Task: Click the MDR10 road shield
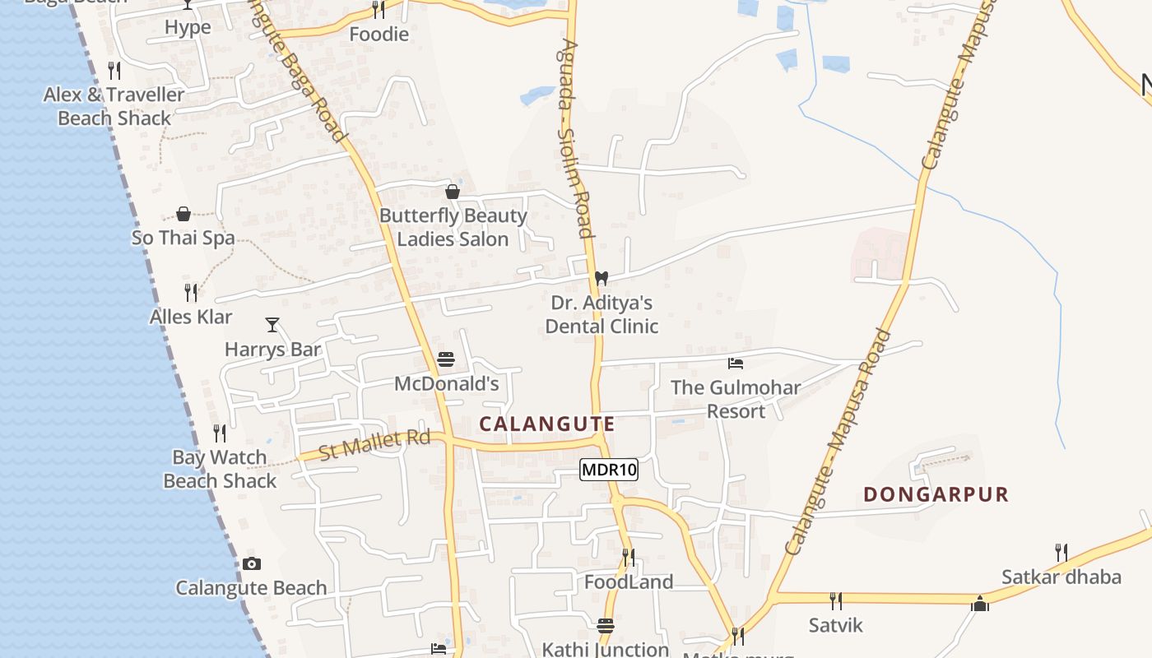609,470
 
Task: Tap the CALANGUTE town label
547,424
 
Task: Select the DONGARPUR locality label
936,494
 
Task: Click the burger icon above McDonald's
446,359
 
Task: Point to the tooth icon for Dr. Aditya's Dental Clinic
602,278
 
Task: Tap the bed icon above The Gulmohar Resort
736,363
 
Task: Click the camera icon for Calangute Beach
252,563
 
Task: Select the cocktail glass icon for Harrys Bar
272,324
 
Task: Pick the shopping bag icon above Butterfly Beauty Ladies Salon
453,192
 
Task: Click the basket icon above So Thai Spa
183,214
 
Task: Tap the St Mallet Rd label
374,445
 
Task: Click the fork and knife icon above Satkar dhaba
1061,552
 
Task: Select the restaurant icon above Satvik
836,600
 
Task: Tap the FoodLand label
629,582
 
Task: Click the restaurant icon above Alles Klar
191,292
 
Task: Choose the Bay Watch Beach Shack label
220,469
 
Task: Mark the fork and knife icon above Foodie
379,10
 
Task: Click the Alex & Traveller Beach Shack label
114,106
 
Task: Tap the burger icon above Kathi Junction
606,625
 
